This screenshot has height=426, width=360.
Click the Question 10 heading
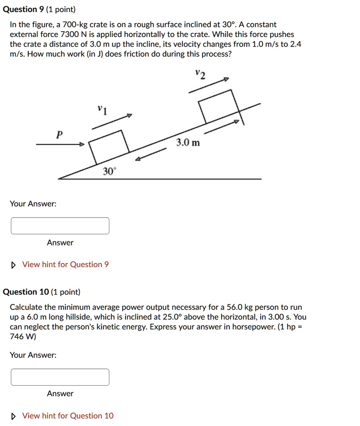tap(26, 292)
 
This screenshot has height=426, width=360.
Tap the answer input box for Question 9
tap(60, 226)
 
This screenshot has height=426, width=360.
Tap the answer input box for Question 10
tap(60, 377)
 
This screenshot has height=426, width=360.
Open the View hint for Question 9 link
tap(65, 265)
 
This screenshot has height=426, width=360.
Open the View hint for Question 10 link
tap(67, 416)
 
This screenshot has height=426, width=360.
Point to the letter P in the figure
tap(59, 134)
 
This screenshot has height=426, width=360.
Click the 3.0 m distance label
tap(187, 143)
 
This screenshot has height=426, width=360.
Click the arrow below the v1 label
tap(112, 121)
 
